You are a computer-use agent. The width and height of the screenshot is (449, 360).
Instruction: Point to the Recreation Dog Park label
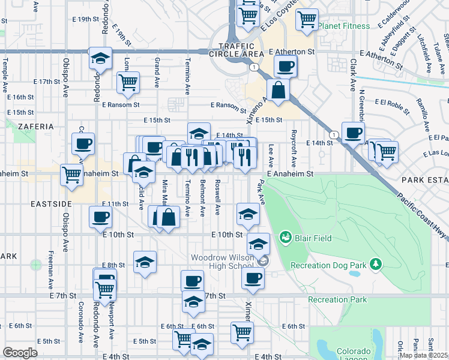328,265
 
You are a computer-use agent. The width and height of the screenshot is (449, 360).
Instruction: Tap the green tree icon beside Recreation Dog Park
375,264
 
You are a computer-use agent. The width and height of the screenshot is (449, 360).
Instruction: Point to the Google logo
20,352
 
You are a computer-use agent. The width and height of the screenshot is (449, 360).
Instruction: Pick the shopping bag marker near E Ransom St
279,91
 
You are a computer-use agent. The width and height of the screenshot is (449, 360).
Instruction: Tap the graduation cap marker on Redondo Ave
100,58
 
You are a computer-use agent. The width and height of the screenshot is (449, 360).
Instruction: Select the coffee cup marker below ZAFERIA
83,144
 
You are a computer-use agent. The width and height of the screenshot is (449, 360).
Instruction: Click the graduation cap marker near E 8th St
145,262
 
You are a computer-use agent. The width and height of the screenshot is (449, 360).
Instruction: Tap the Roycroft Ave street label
294,140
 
